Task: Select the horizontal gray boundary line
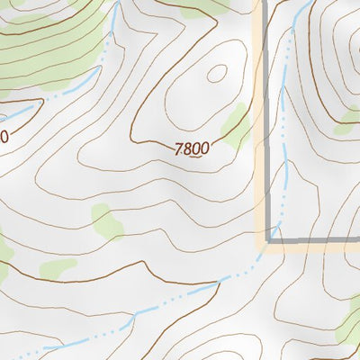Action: [x=315, y=240]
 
